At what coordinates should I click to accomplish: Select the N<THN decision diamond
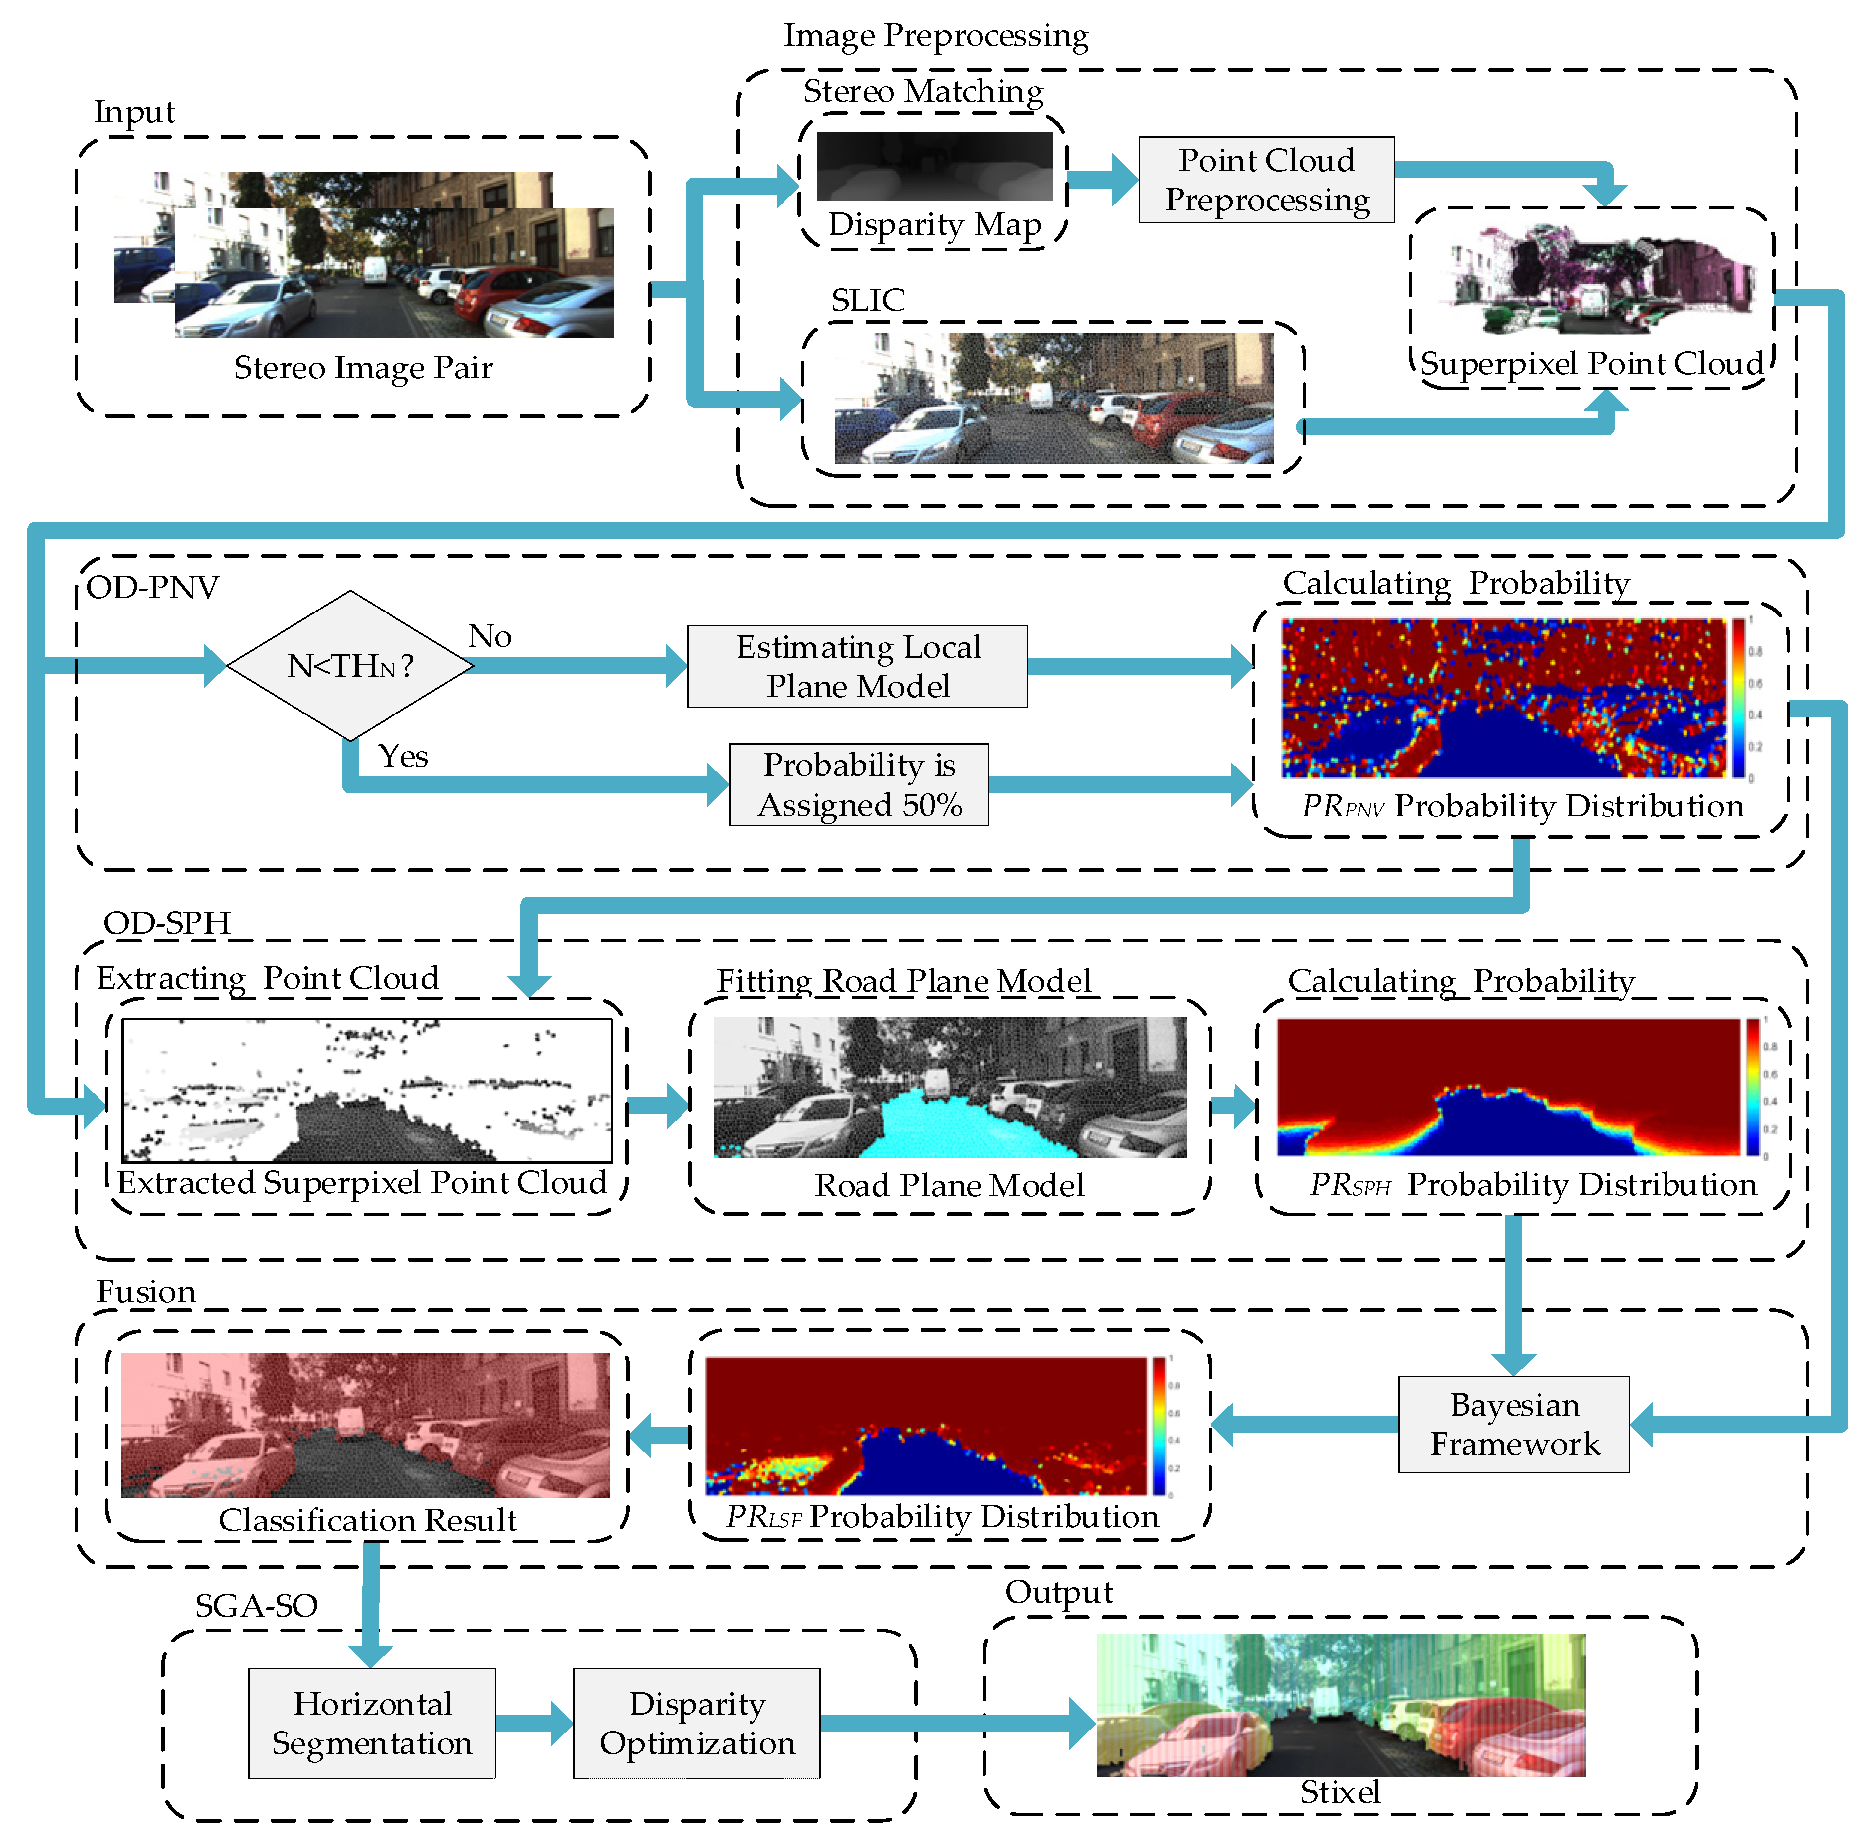pos(350,665)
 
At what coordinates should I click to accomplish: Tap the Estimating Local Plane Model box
pos(857,666)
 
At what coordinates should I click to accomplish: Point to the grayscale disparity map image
pos(934,166)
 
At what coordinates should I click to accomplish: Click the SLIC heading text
pos(868,300)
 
